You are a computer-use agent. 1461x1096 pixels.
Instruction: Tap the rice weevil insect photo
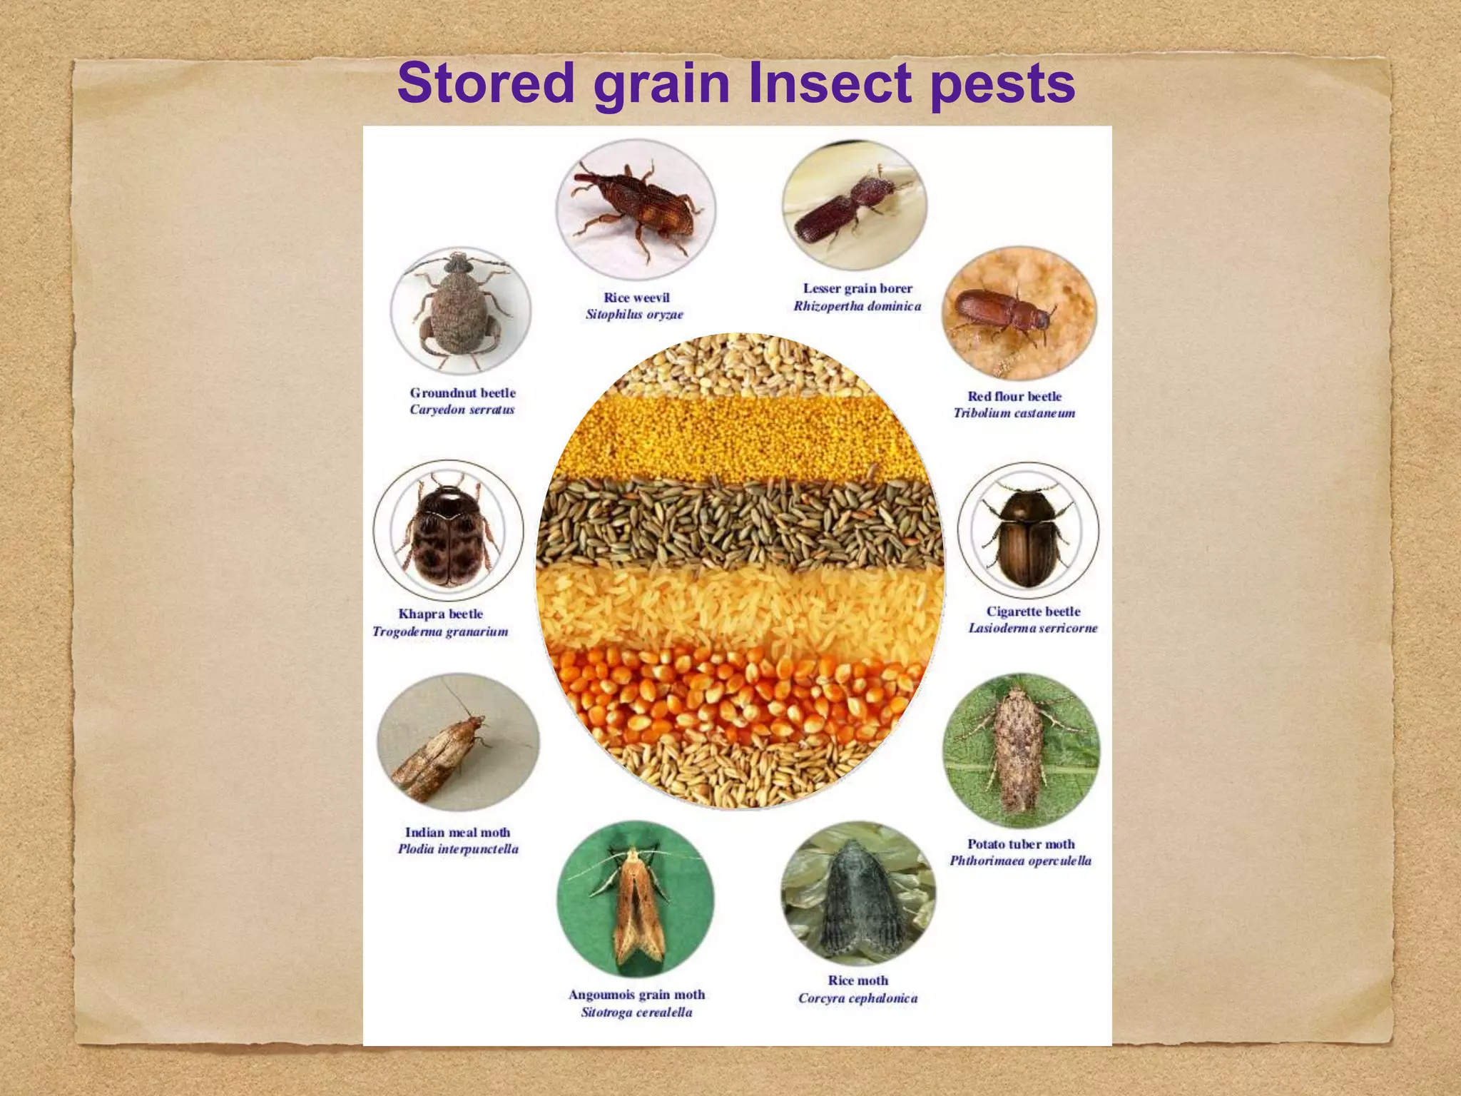(x=635, y=209)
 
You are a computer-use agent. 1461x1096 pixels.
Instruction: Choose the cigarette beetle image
(x=1028, y=530)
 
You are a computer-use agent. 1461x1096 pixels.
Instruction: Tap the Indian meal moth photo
(x=458, y=742)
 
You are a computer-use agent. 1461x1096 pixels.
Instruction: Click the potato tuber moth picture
(x=1021, y=750)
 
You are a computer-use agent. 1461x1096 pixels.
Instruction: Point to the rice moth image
(x=858, y=894)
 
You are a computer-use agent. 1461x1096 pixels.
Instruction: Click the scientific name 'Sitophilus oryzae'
(x=634, y=315)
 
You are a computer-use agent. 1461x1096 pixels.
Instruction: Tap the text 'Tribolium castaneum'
(x=1014, y=413)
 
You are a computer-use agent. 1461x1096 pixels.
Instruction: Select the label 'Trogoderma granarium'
(x=440, y=631)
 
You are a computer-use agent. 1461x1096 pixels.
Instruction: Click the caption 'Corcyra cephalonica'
(x=857, y=998)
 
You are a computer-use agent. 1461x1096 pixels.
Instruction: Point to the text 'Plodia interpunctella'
(x=458, y=849)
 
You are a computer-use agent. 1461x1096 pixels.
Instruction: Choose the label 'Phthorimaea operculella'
(x=1020, y=861)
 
